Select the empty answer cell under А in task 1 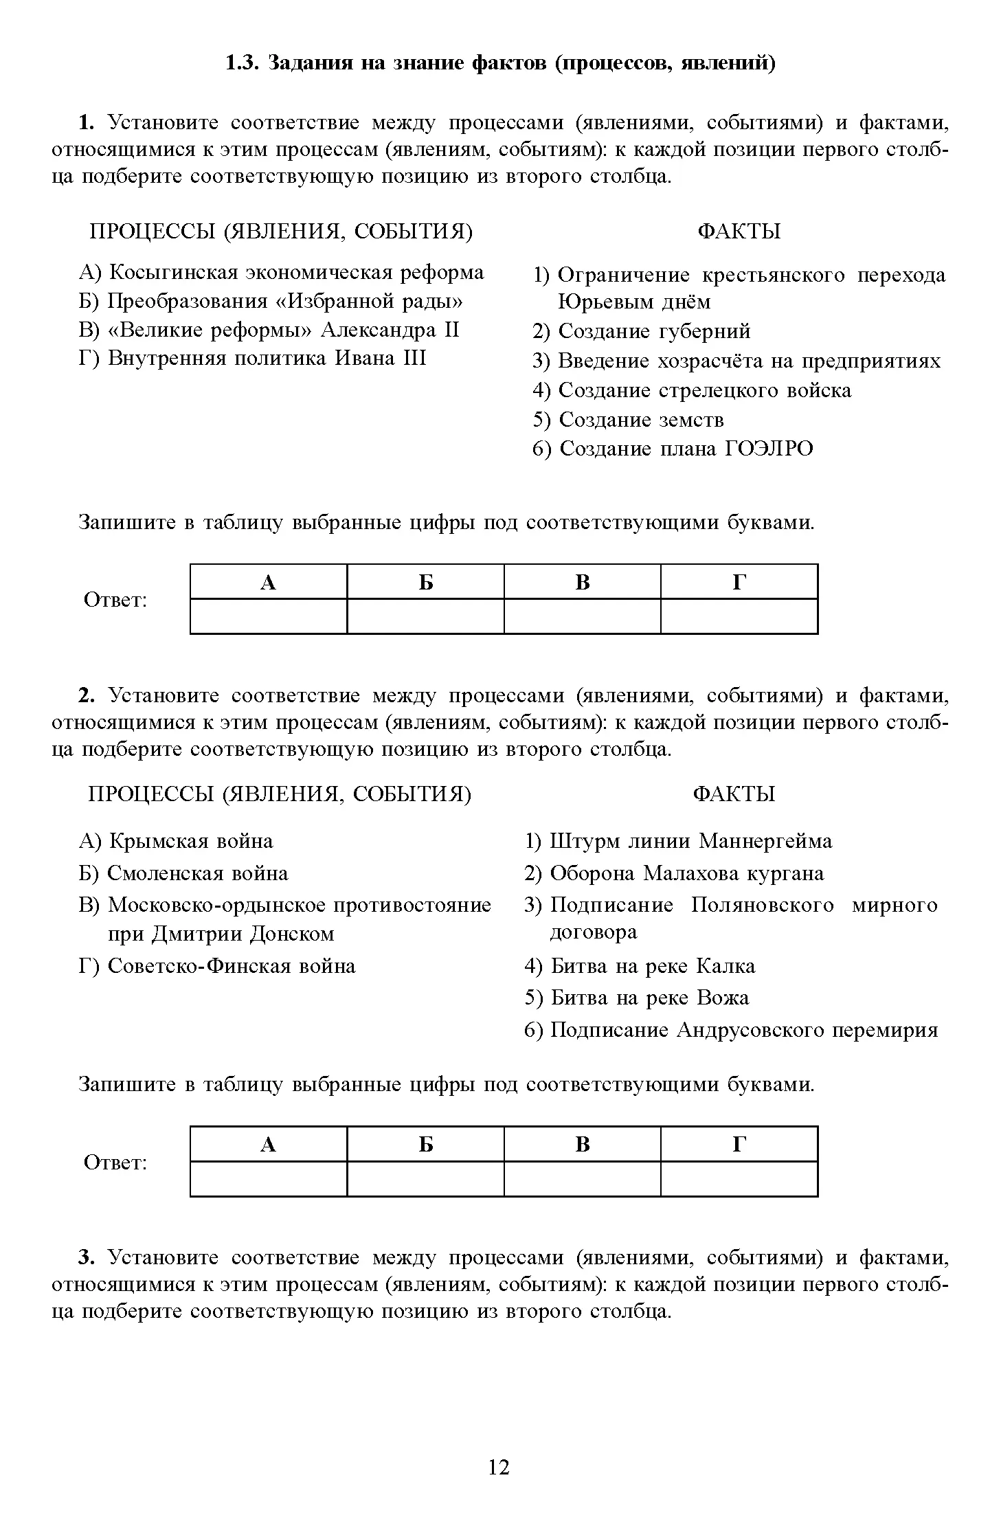[269, 616]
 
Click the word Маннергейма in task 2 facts [765, 841]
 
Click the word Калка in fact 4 [726, 966]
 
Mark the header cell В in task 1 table [582, 582]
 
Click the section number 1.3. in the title [241, 63]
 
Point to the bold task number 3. [86, 1257]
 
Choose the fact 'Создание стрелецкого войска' [692, 390]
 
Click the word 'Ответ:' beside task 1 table [115, 600]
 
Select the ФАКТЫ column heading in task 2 [734, 794]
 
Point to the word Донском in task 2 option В [292, 934]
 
